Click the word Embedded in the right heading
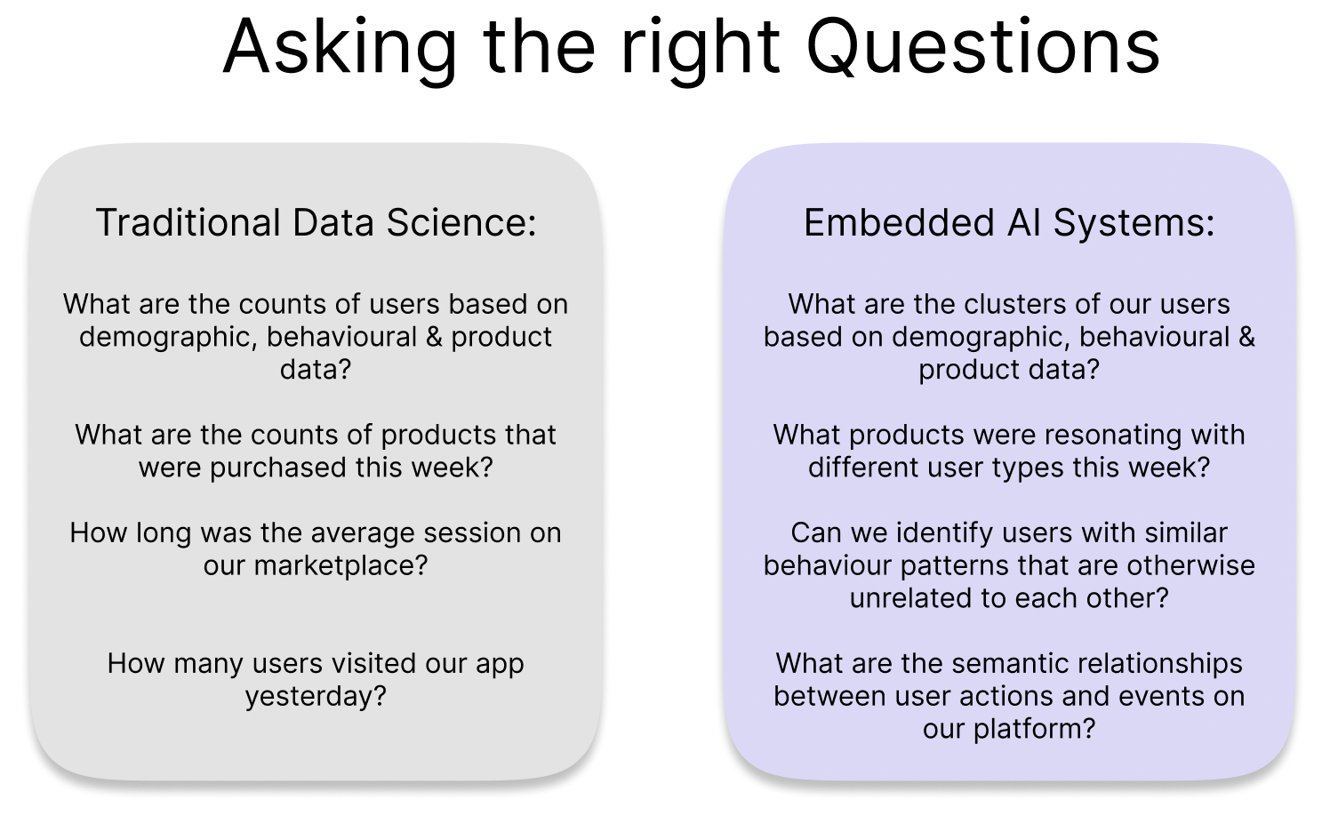pos(899,222)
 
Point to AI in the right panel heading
pos(1024,222)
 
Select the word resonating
pos(1097,435)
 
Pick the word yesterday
pos(316,696)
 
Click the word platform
pos(1033,729)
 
